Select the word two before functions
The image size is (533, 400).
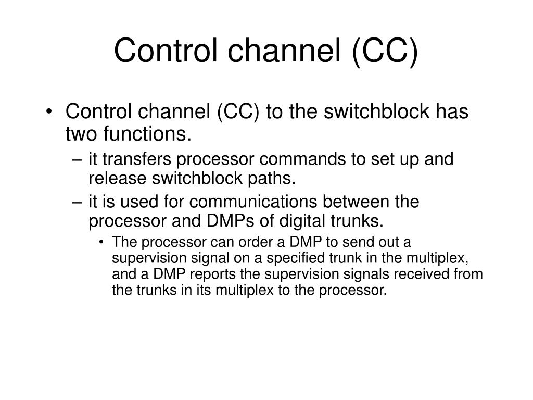click(x=81, y=135)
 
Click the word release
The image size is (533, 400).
click(x=117, y=179)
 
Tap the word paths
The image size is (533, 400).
click(x=276, y=179)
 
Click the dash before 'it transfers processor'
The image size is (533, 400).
click(x=77, y=159)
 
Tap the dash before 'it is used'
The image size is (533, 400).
click(x=77, y=202)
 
